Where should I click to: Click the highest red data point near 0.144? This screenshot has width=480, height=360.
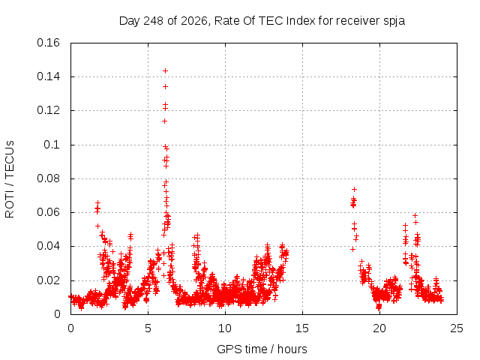pos(165,71)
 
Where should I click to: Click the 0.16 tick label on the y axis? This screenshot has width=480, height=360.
pos(48,43)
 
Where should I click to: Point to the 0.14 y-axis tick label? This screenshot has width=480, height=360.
pos(48,76)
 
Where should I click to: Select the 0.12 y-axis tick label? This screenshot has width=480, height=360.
pos(48,110)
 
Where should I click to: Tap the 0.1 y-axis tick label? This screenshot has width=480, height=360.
pos(52,145)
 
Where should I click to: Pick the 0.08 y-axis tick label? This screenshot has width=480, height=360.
pos(48,178)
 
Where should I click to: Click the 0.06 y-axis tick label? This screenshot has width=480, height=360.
pos(48,212)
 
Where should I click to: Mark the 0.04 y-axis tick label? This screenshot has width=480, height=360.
pos(48,247)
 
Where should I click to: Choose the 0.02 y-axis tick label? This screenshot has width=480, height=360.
pos(48,280)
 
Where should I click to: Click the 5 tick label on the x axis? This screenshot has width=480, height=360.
pos(148,328)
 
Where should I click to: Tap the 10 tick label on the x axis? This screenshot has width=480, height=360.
pos(225,328)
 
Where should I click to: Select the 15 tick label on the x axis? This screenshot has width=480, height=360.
pos(302,328)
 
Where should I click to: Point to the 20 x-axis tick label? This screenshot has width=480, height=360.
pos(379,328)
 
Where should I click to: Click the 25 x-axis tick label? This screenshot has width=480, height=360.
pos(457,328)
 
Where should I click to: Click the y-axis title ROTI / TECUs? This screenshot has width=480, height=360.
pos(10,179)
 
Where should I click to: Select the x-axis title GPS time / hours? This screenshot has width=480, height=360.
pos(262,349)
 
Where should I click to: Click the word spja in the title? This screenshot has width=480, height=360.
pos(394,21)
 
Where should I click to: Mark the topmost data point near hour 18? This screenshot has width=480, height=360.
pos(355,190)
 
